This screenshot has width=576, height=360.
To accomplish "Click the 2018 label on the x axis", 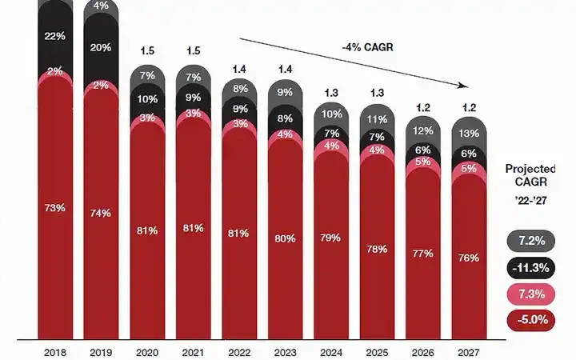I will tap(54, 351).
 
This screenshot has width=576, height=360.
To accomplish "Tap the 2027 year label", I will tap(469, 351).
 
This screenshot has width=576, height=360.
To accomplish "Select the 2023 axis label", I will tap(285, 351).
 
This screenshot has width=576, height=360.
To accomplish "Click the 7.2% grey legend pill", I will tap(531, 240).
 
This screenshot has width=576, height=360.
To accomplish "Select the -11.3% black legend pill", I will tap(531, 267).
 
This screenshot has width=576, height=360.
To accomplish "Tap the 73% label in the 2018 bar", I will tap(54, 208).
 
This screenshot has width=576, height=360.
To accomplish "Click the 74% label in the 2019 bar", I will tap(101, 213).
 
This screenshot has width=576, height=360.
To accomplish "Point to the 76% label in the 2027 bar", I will tap(469, 258).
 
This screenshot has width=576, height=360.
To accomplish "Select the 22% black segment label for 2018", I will tap(54, 37).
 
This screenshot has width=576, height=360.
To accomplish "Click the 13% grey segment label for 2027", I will tap(469, 134).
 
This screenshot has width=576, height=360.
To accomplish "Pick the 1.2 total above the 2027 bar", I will tap(469, 107).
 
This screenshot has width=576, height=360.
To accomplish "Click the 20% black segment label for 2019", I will tap(101, 47).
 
